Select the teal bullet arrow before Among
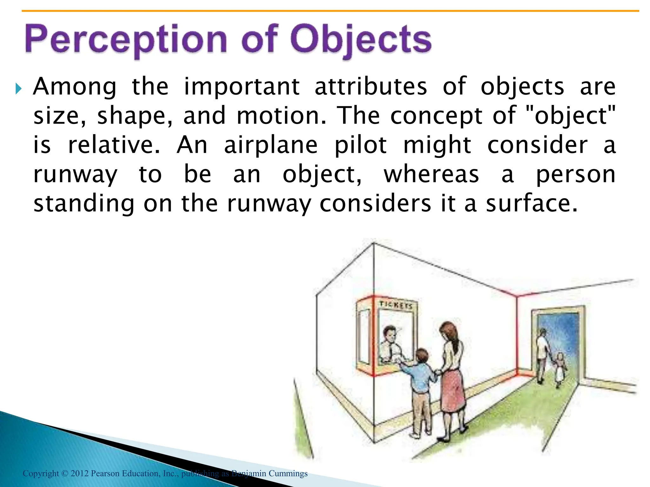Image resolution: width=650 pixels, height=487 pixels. point(18,89)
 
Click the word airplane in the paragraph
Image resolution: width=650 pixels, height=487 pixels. point(271,145)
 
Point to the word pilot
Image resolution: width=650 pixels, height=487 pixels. point(361,145)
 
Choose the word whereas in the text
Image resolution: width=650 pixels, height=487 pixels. point(431,174)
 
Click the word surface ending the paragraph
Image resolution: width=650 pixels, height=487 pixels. point(532,204)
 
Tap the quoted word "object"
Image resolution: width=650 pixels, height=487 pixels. point(570,115)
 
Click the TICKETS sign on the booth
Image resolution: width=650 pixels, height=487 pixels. point(395,305)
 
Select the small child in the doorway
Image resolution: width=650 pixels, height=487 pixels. point(560,370)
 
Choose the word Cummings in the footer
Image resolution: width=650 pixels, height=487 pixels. point(288,473)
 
